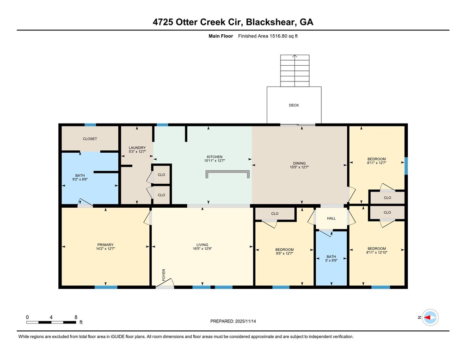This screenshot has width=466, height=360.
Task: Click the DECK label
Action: coord(294,105)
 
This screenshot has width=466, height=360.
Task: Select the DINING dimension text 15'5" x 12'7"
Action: coord(299,168)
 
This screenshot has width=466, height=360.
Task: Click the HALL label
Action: coord(331,218)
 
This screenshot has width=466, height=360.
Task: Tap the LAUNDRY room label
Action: coord(137,148)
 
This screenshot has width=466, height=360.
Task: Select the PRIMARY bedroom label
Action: coord(105,245)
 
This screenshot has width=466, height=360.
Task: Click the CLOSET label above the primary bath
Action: coord(90,139)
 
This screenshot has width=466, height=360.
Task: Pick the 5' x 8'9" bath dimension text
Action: coord(331,260)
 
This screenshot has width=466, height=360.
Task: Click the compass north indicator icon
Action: coord(430,317)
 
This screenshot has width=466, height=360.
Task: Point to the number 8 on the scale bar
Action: coord(76,317)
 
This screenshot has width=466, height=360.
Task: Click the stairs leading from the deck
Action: coord(294,70)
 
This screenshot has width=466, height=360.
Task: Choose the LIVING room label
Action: coord(202,245)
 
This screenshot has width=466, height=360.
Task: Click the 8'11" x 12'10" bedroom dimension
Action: coord(376,253)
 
